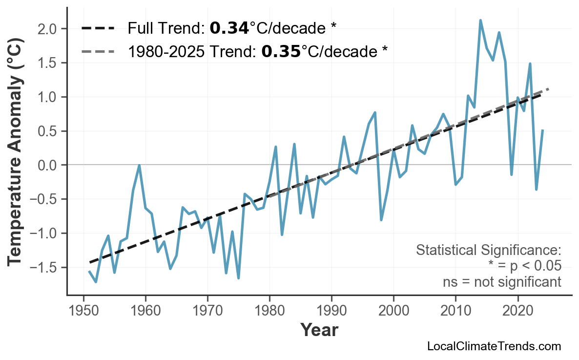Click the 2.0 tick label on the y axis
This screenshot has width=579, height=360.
point(49,29)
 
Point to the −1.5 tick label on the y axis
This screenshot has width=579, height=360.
point(45,268)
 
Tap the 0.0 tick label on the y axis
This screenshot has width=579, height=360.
point(49,166)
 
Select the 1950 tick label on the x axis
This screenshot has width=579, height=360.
point(83,311)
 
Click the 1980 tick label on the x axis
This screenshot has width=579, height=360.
point(269,311)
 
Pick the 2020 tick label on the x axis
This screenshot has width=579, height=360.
point(517,311)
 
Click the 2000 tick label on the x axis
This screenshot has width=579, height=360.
point(393,311)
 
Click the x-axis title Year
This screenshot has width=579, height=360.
point(319,331)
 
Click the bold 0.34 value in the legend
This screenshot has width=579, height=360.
point(229,28)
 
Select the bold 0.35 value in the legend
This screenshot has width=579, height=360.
point(281,51)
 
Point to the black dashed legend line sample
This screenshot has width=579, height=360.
point(98,28)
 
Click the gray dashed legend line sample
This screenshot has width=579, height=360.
point(98,51)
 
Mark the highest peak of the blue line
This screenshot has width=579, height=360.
point(480,21)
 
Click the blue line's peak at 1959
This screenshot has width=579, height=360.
point(140,165)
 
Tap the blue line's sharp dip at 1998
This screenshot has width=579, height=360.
point(381,220)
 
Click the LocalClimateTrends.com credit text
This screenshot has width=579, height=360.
point(494,347)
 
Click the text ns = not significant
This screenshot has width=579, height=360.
point(502,282)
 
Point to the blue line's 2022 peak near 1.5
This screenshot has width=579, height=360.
point(530,64)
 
